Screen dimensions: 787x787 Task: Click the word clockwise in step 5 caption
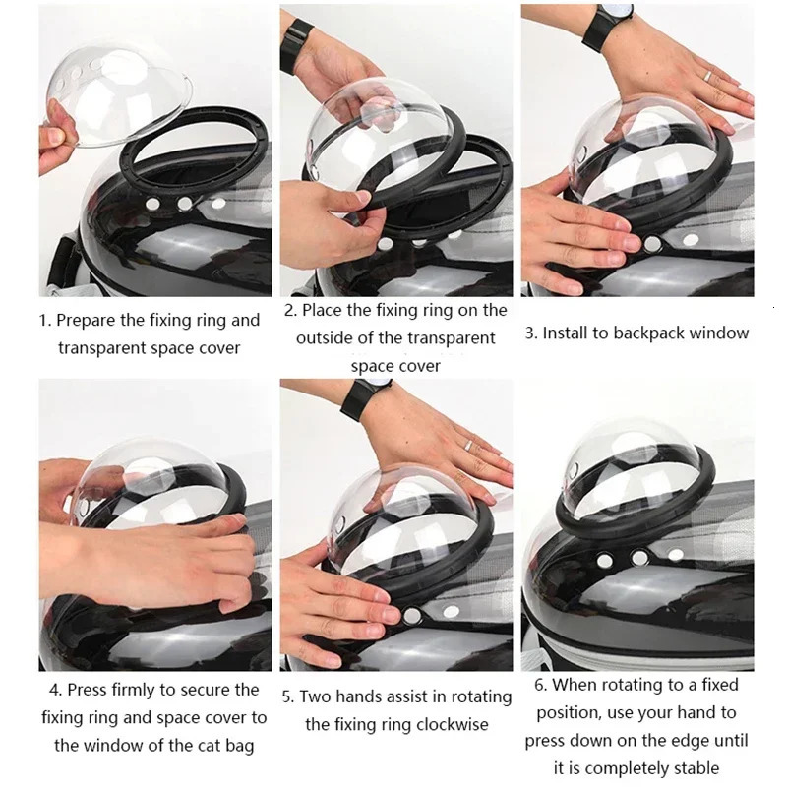[442, 725]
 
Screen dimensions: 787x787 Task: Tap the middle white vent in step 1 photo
[185, 204]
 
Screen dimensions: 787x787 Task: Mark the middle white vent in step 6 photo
[640, 558]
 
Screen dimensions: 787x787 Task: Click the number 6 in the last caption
[540, 686]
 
